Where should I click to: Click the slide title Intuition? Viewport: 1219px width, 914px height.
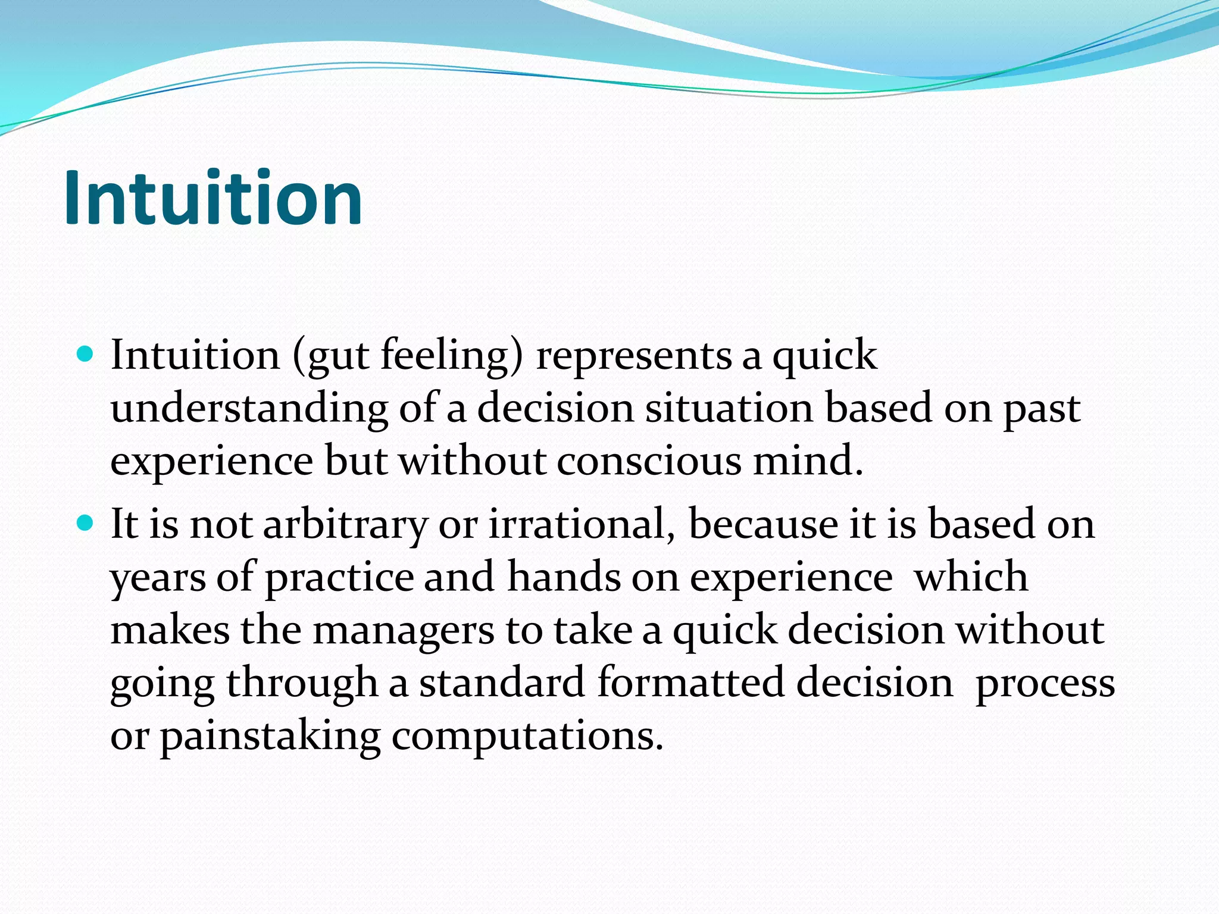pyautogui.click(x=213, y=198)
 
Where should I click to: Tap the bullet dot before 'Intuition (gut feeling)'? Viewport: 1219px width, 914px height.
pyautogui.click(x=86, y=355)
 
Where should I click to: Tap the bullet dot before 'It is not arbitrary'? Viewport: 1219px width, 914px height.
pyautogui.click(x=86, y=524)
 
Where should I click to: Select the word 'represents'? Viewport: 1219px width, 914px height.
pyautogui.click(x=633, y=356)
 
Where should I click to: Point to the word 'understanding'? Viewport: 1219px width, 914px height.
pyautogui.click(x=249, y=409)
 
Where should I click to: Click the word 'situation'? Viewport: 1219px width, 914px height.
pyautogui.click(x=729, y=409)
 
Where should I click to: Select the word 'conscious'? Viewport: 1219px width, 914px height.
pyautogui.click(x=649, y=461)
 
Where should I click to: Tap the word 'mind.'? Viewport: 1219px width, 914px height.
pyautogui.click(x=808, y=461)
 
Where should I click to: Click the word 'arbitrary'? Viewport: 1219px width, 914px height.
pyautogui.click(x=345, y=525)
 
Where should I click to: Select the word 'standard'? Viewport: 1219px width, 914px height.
pyautogui.click(x=501, y=683)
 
